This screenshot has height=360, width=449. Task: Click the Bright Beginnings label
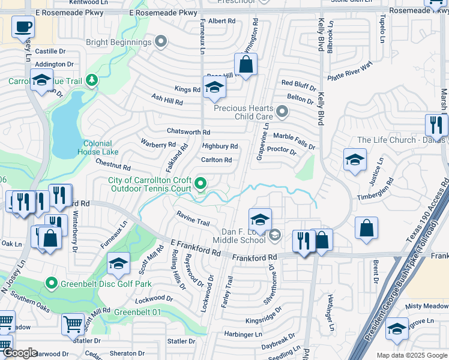118,42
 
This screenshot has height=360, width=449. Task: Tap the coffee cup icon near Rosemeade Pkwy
23,27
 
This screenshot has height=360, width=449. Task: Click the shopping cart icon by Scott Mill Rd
73,324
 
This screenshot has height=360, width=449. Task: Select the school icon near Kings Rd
214,89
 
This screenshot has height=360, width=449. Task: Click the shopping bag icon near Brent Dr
366,229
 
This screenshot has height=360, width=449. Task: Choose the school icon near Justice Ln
355,160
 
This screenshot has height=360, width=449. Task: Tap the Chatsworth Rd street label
188,132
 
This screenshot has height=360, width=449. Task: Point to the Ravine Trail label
193,218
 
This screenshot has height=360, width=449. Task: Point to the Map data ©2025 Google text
411,355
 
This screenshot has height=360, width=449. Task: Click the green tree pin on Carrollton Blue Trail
91,80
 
